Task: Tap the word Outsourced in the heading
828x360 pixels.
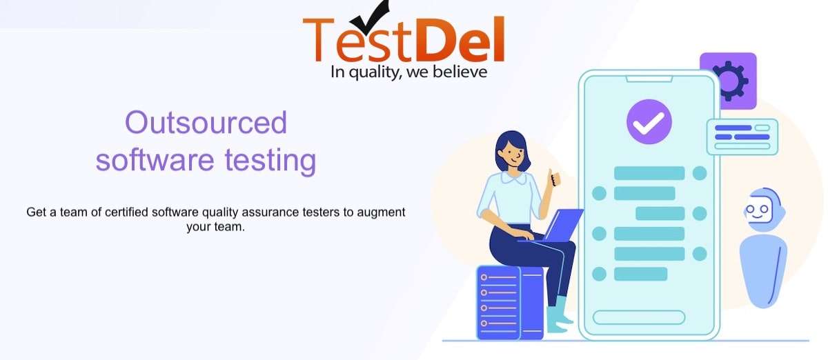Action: (x=206, y=123)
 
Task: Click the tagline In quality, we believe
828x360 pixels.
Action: (x=408, y=71)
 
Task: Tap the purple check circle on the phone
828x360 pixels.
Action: (x=649, y=122)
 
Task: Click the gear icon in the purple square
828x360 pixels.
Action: (x=729, y=80)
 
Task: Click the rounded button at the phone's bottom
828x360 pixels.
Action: (x=639, y=317)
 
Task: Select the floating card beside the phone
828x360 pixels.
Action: (x=742, y=137)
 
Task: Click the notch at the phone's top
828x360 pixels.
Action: (x=649, y=79)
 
